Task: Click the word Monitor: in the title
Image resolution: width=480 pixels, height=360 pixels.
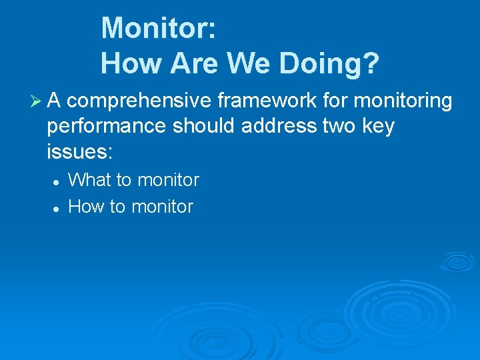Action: point(158,28)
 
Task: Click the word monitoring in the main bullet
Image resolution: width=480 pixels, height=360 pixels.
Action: point(403,101)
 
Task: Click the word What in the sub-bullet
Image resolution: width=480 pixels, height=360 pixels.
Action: point(91,180)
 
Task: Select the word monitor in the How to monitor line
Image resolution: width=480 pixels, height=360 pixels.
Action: point(162,207)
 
